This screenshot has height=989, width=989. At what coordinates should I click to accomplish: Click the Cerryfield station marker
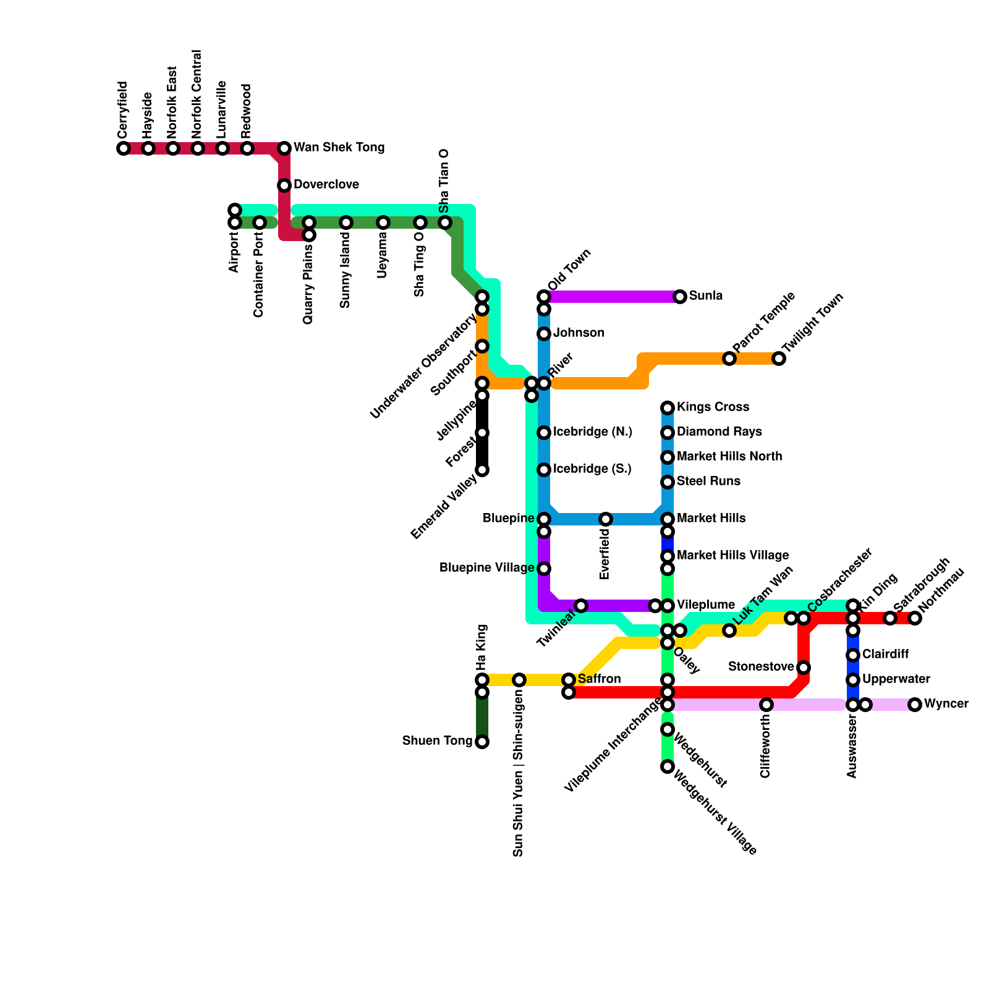pyautogui.click(x=124, y=148)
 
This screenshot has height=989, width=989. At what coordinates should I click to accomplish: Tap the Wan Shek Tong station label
pyautogui.click(x=339, y=148)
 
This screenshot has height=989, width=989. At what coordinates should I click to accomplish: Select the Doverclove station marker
pyautogui.click(x=284, y=185)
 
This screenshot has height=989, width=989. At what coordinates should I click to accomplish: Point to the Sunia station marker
pyautogui.click(x=680, y=297)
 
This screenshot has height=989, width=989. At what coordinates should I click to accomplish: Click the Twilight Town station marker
pyautogui.click(x=779, y=359)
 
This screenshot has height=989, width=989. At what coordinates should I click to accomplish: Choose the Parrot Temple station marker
pyautogui.click(x=729, y=359)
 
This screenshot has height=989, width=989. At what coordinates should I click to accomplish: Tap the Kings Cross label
pyautogui.click(x=713, y=407)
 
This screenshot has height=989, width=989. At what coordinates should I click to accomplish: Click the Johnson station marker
pyautogui.click(x=544, y=334)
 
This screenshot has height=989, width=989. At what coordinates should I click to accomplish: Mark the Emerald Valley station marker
pyautogui.click(x=482, y=470)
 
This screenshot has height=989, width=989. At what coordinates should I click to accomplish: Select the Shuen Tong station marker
pyautogui.click(x=482, y=742)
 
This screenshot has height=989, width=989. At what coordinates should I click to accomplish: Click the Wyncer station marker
pyautogui.click(x=915, y=705)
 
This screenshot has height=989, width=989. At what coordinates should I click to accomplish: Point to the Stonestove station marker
pyautogui.click(x=804, y=668)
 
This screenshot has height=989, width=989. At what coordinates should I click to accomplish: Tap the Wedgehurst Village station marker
pyautogui.click(x=668, y=766)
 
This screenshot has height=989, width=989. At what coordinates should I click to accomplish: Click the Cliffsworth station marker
pyautogui.click(x=766, y=705)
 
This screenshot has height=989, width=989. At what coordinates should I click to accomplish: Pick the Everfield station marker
pyautogui.click(x=606, y=519)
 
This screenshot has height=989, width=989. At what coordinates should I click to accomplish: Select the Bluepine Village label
pyautogui.click(x=486, y=568)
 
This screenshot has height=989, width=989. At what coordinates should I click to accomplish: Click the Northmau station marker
pyautogui.click(x=915, y=618)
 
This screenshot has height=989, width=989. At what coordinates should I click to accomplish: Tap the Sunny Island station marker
pyautogui.click(x=346, y=223)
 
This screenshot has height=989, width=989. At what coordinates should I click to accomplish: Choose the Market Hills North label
pyautogui.click(x=729, y=457)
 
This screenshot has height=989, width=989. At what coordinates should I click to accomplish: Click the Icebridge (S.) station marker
pyautogui.click(x=544, y=470)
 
